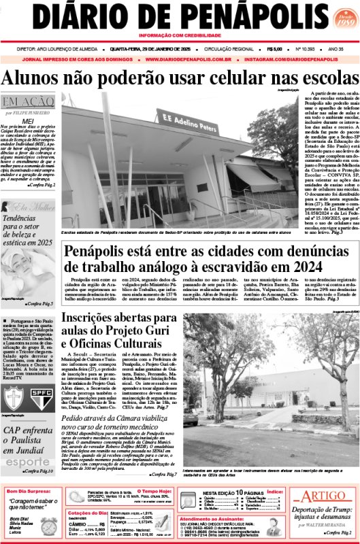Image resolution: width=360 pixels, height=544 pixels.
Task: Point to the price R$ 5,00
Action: (x=275, y=49)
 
